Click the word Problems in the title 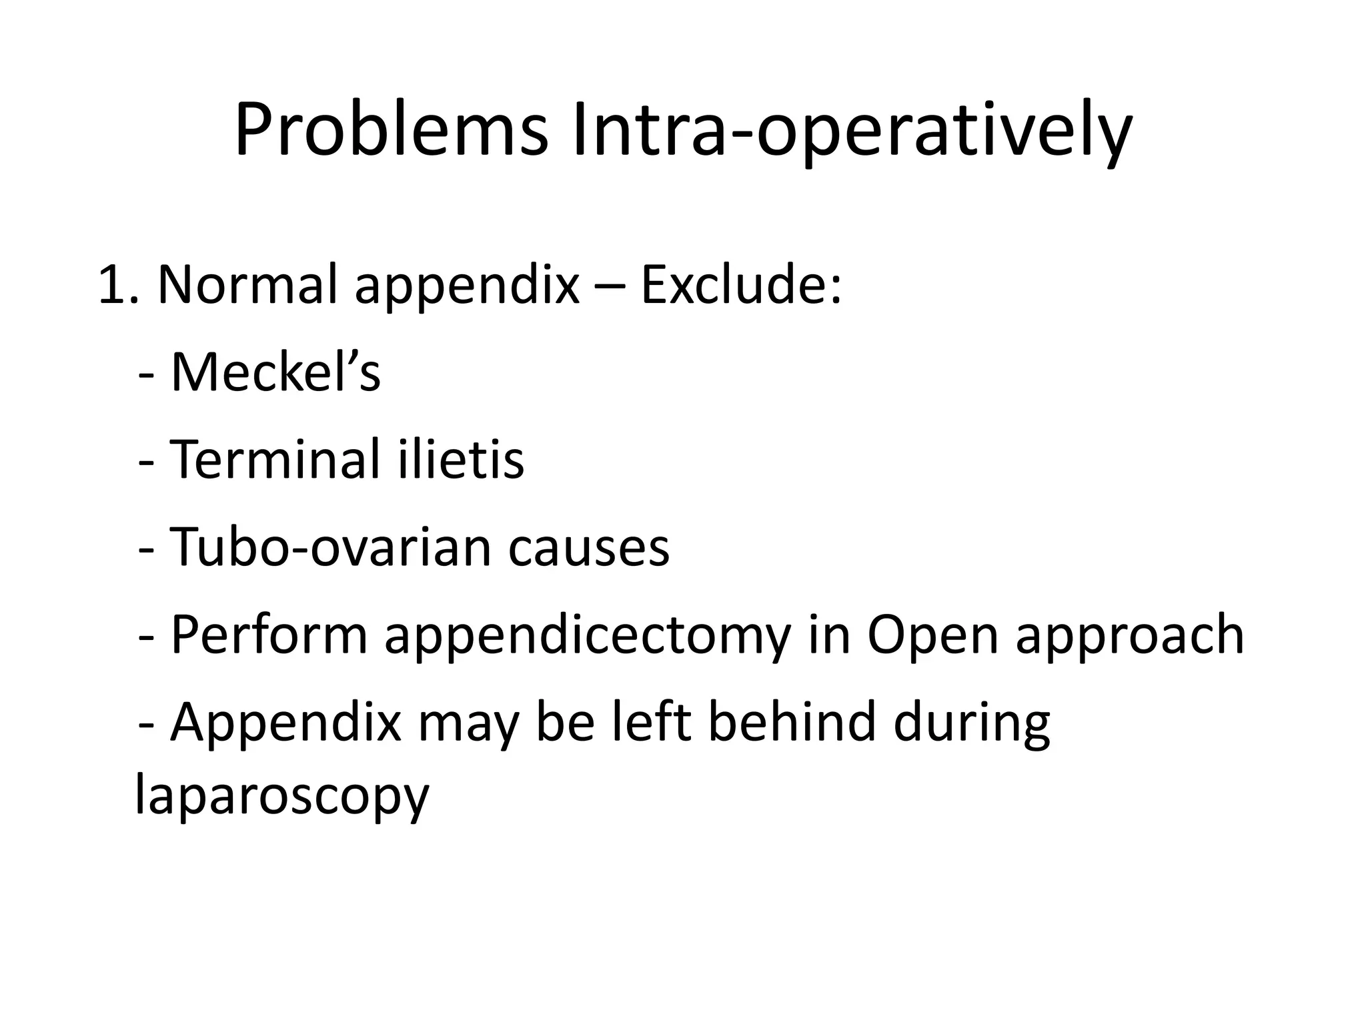click(x=391, y=131)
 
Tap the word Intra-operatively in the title click(x=852, y=131)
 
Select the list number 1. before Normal click(x=117, y=286)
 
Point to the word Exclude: click(x=740, y=286)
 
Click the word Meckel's click(x=275, y=372)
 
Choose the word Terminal click(x=274, y=460)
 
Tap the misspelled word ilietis click(x=461, y=460)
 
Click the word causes click(x=588, y=547)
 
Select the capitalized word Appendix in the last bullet click(x=286, y=723)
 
